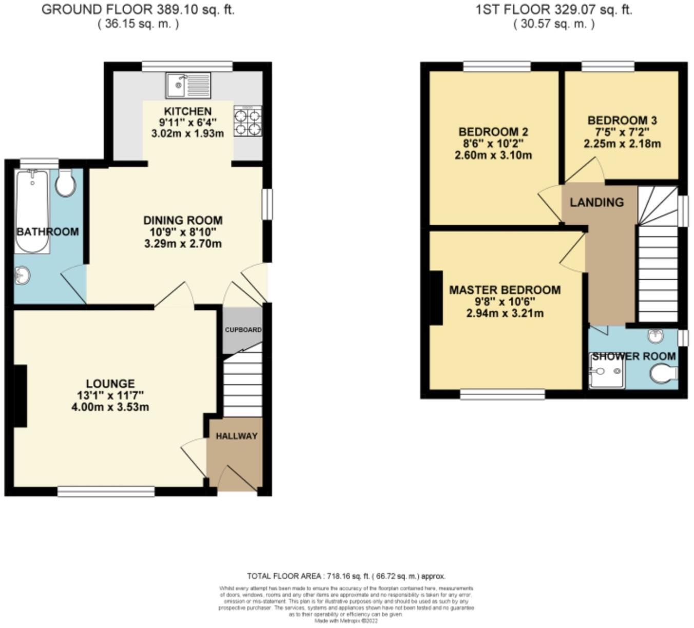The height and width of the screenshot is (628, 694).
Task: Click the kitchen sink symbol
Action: coord(188,85)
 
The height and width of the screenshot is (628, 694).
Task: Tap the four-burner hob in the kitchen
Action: coord(248,122)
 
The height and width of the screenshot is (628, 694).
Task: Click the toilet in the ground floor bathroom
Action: coord(65,183)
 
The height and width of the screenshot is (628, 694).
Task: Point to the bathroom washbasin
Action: coord(23,276)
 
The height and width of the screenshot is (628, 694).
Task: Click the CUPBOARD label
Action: coord(243,330)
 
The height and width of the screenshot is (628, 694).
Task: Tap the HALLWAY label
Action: coord(236,436)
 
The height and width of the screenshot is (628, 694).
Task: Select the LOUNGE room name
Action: coord(110,384)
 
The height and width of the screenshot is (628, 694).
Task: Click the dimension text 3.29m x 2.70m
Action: coord(183,244)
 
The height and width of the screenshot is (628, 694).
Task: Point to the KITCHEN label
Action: coord(187,111)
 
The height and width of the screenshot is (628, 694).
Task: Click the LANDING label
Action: coord(596,202)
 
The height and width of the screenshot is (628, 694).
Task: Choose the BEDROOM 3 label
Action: coord(622,121)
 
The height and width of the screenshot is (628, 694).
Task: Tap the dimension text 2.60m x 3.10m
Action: coord(493,155)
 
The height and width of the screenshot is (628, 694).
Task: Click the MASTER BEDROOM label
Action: coord(505,290)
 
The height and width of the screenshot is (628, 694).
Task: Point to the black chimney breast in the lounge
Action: coord(20,396)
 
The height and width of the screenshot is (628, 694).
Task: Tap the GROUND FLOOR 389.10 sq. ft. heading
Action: coord(138,10)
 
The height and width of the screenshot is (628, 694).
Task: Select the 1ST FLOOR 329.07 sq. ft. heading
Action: coord(553,10)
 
